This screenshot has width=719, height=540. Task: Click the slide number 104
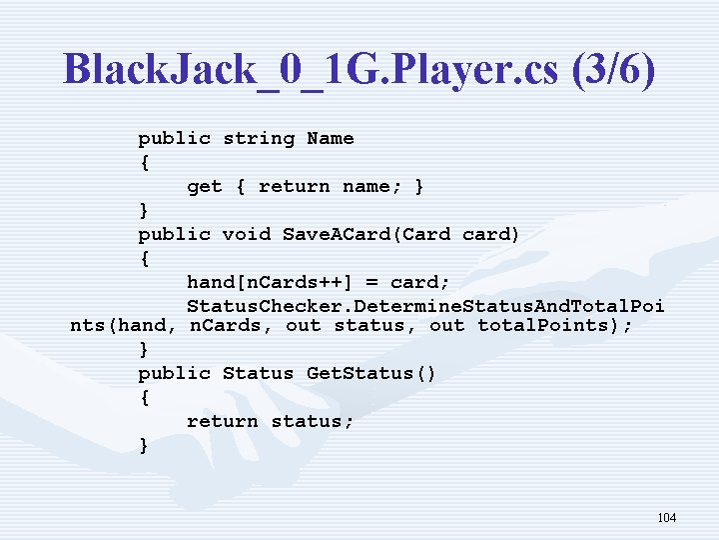(x=667, y=518)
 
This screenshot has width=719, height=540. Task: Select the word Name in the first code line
(x=331, y=138)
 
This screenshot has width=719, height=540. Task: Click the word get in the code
(x=205, y=186)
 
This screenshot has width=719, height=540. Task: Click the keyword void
(x=246, y=234)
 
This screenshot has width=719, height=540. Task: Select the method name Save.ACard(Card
(x=366, y=234)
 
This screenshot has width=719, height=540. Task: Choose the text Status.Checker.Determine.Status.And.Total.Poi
(x=425, y=305)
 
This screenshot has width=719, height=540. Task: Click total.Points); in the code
(x=554, y=326)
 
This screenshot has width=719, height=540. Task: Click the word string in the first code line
(x=259, y=138)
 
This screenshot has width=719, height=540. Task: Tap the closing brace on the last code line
(x=145, y=445)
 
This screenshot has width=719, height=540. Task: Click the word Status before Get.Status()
(x=259, y=373)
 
